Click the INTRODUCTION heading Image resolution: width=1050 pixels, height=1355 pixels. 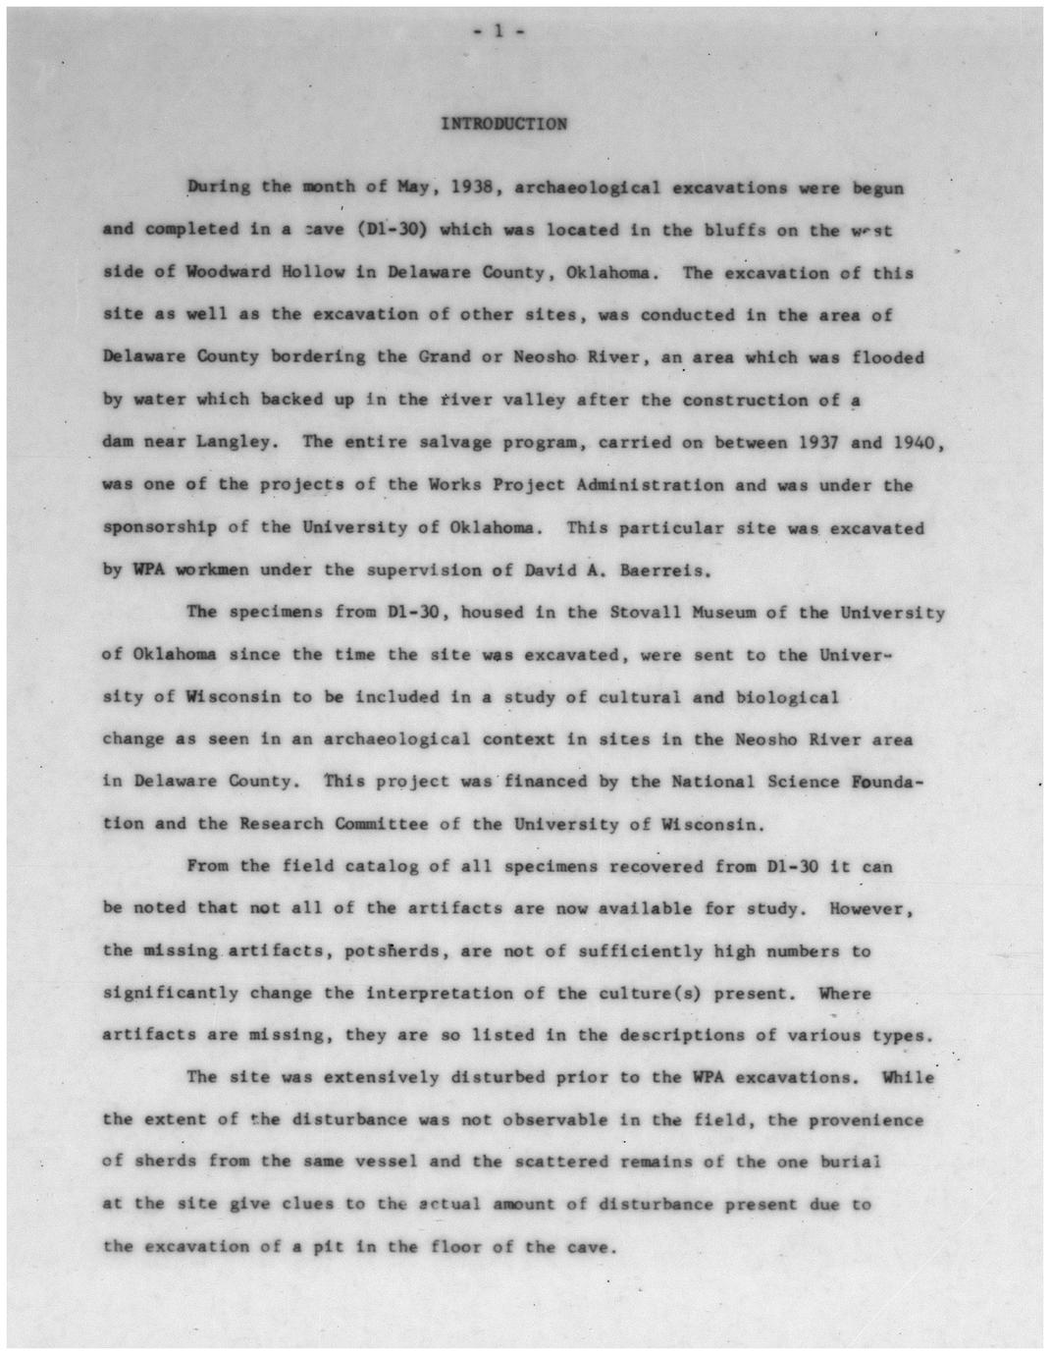(503, 124)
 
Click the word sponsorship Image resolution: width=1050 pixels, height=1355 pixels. (161, 527)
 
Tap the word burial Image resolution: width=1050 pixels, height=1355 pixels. (850, 1162)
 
